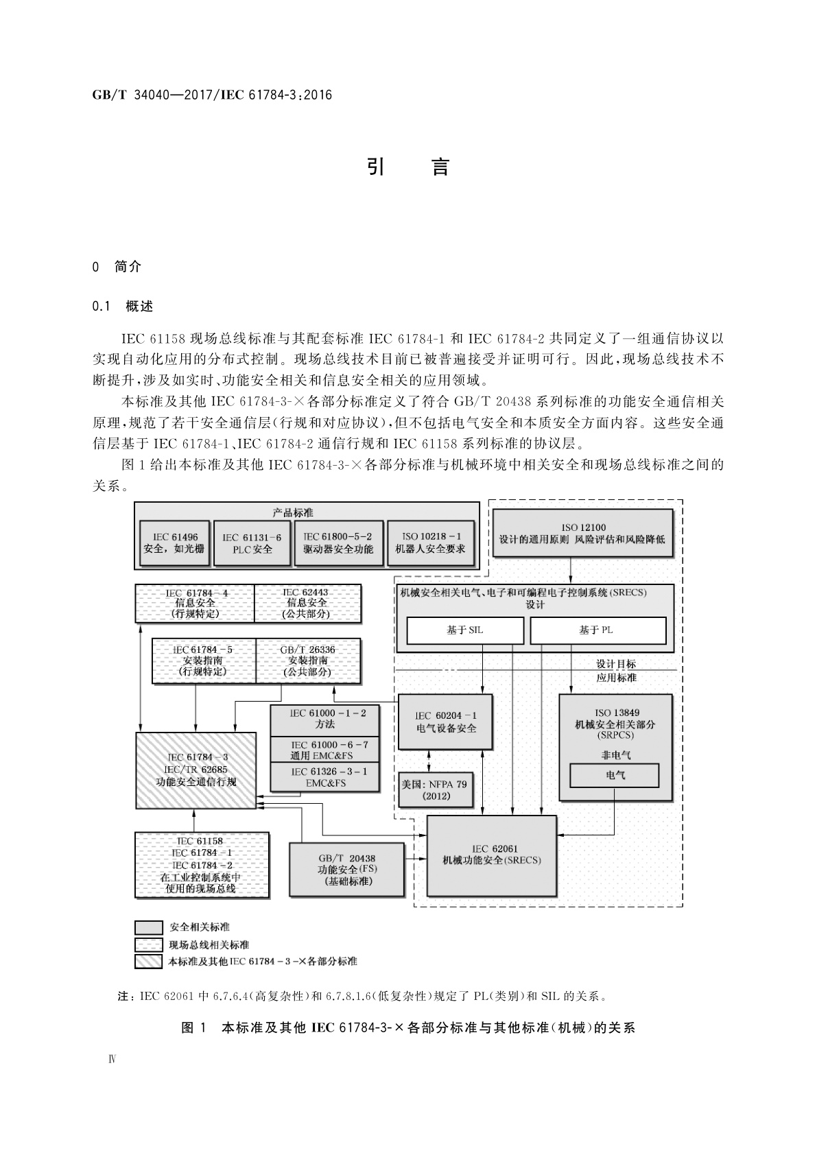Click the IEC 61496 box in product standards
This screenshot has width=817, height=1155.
(175, 543)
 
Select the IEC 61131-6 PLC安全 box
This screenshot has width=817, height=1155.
(252, 543)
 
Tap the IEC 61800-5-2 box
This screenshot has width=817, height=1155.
(338, 543)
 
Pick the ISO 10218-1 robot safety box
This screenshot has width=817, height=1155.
(430, 543)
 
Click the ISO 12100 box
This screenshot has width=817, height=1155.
(583, 534)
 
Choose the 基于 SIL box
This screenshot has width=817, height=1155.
(465, 630)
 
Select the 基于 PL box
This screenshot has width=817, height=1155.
(597, 630)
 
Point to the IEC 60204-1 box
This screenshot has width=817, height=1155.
(446, 722)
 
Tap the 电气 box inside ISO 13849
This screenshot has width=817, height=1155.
(615, 776)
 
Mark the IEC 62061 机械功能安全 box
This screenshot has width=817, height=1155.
(492, 855)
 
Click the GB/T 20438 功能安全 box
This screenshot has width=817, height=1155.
(346, 870)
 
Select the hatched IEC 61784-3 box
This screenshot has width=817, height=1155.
(196, 770)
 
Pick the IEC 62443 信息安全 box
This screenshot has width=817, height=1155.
(307, 603)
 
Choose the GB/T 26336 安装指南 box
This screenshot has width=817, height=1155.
(307, 660)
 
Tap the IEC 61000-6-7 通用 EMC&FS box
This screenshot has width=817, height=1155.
(325, 750)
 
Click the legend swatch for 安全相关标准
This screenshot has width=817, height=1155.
(148, 927)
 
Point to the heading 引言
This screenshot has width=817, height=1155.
(408, 167)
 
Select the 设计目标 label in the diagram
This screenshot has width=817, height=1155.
(615, 663)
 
